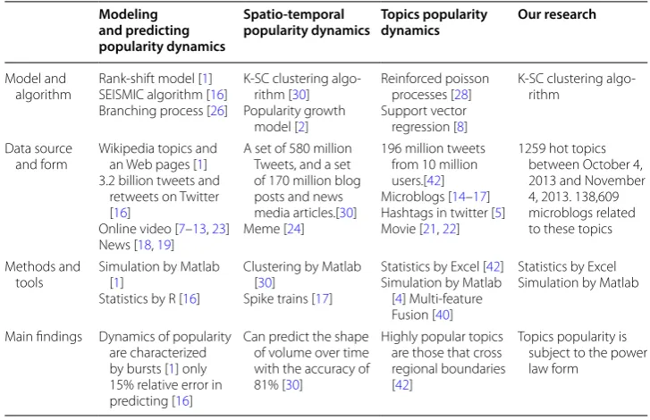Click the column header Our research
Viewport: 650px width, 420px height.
[x=557, y=14]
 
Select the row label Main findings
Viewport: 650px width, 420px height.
[x=44, y=337]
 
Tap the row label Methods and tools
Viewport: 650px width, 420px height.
[x=42, y=274]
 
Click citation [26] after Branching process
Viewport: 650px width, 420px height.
[x=217, y=111]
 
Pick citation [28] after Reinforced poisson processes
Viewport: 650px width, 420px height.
[x=461, y=95]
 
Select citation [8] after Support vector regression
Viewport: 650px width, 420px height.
[x=460, y=127]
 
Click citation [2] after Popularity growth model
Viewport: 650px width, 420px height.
[x=301, y=127]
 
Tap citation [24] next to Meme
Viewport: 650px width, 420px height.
[x=294, y=229]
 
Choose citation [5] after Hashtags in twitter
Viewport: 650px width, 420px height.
[x=498, y=213]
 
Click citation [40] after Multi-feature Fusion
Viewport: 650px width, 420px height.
[x=443, y=315]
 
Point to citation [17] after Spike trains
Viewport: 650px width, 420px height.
[x=322, y=299]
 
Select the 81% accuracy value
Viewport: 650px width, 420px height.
[x=266, y=385]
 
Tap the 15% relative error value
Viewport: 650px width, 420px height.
[x=122, y=385]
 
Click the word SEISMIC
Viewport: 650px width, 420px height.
[x=121, y=95]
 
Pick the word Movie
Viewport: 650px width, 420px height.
[x=399, y=229]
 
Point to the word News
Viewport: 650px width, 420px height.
[x=114, y=245]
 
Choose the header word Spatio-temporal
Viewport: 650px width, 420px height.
[x=293, y=14]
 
